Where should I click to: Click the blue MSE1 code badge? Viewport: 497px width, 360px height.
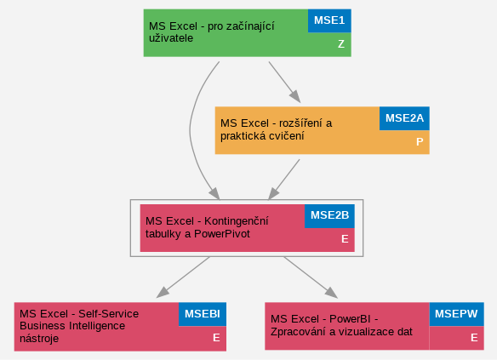329,20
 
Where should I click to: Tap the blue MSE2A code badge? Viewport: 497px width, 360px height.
404,118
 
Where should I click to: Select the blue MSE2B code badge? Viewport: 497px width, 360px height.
329,216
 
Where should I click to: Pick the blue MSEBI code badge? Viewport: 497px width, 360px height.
203,314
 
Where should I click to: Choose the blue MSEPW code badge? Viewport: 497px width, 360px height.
456,314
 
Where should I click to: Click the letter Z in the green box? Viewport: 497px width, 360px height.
341,44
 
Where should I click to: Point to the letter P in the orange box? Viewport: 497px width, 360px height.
420,141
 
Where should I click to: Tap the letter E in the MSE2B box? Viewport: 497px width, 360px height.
345,239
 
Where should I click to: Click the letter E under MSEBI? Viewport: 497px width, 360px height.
216,338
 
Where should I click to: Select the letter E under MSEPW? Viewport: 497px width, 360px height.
474,338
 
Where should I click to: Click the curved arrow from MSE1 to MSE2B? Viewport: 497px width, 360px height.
190,130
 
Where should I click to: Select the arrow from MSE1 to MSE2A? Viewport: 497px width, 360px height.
284,82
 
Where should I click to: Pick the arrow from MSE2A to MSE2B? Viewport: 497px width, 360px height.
284,180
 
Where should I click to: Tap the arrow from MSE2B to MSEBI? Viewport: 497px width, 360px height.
183,277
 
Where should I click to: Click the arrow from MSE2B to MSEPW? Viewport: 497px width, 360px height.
311,277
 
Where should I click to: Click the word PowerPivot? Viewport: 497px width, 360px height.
222,234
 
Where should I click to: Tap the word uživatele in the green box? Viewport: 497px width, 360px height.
171,38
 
